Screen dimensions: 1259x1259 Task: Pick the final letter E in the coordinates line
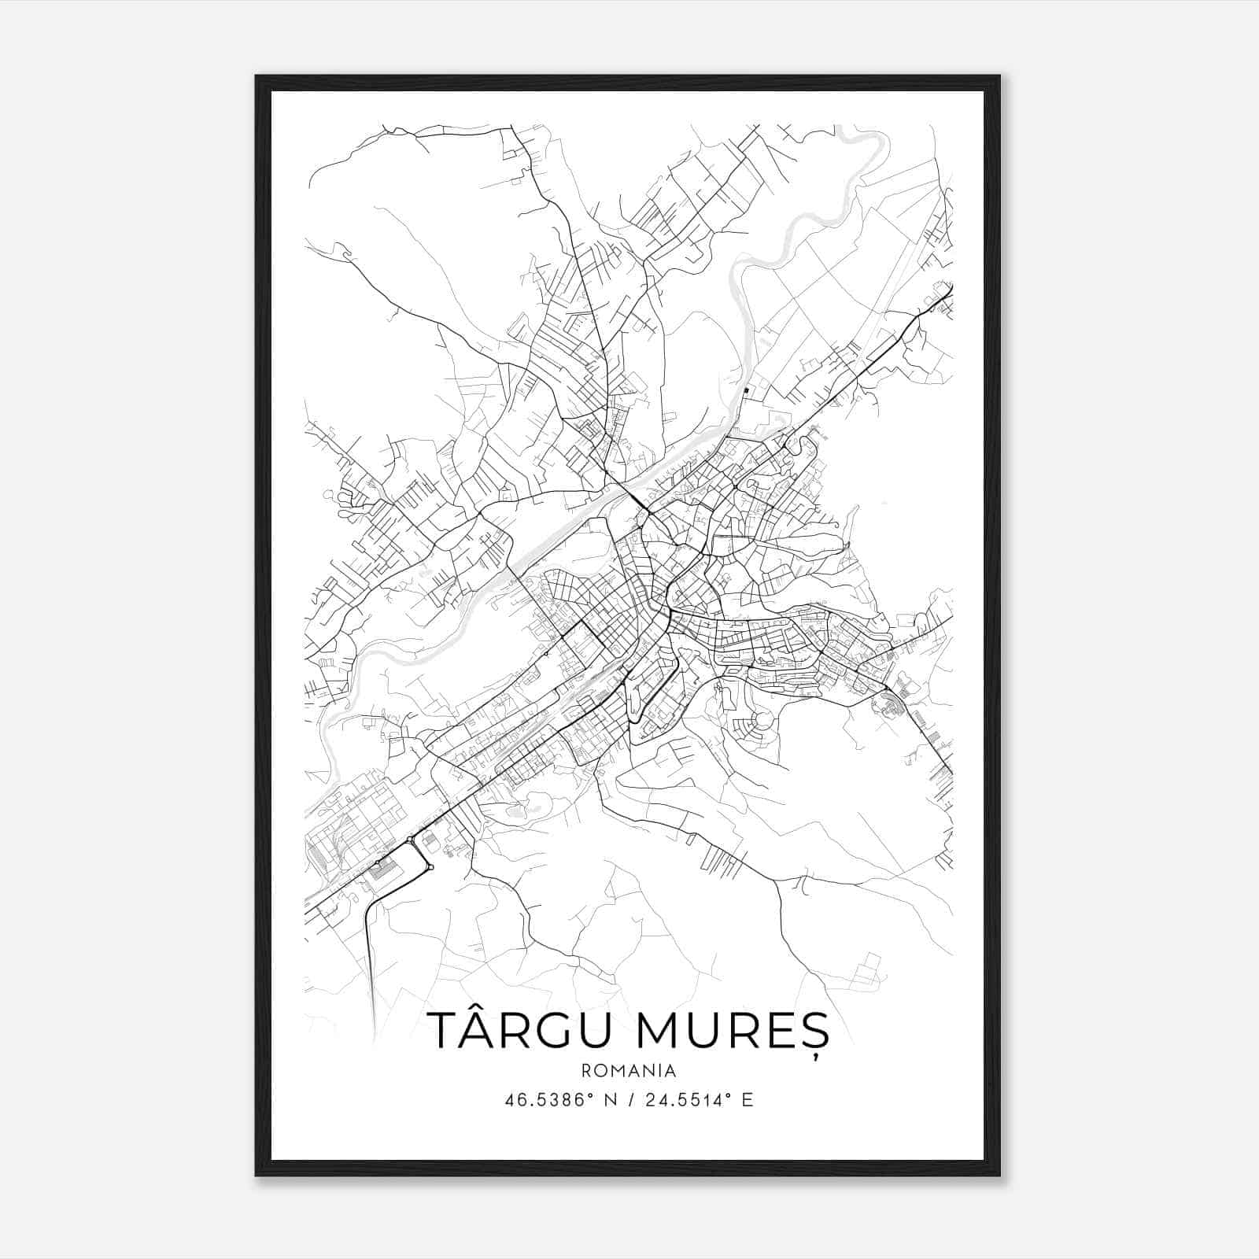point(748,1100)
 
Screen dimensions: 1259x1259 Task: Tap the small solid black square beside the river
point(746,390)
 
